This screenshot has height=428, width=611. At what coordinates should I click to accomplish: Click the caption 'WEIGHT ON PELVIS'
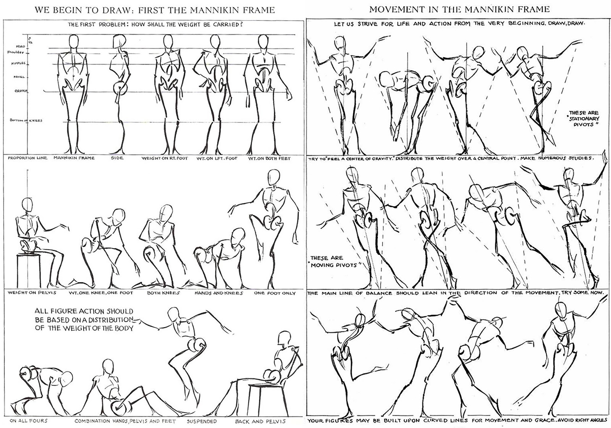[32, 293]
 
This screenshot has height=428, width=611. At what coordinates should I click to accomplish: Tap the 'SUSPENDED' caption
[202, 421]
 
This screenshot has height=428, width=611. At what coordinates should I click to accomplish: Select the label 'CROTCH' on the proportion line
[20, 91]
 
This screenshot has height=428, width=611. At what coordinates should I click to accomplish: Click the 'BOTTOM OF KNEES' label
[26, 120]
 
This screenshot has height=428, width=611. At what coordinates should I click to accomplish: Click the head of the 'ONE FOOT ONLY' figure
[273, 177]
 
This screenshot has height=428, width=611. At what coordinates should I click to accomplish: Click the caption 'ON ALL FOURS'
[29, 421]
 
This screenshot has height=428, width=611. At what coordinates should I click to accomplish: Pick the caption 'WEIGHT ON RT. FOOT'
[165, 158]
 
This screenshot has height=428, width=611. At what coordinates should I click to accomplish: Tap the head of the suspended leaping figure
[174, 315]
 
